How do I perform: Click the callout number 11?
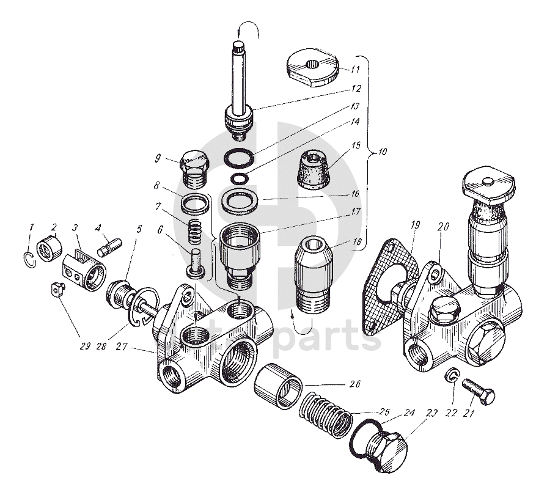[x=355, y=68]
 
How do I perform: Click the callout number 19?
[x=415, y=226]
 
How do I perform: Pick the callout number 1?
[x=31, y=228]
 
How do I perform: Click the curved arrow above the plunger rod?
[x=249, y=27]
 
